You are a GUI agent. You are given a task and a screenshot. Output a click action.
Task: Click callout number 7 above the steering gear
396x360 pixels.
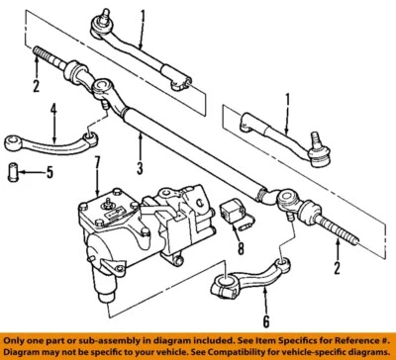(x=96, y=160)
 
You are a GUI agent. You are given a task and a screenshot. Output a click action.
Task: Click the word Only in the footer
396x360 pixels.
(x=17, y=338)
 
